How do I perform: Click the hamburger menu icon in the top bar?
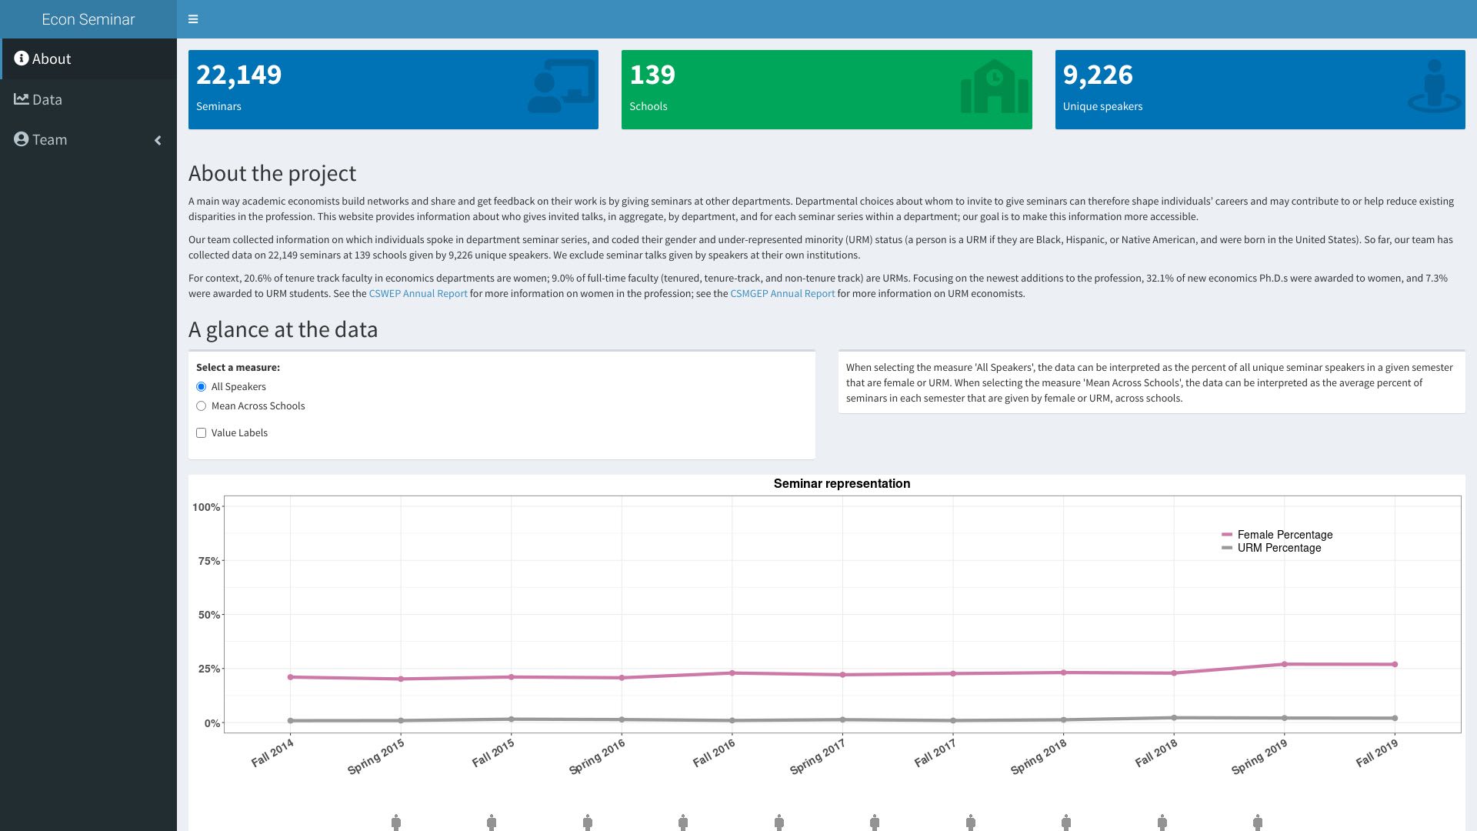pos(193,19)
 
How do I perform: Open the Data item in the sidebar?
pos(38,99)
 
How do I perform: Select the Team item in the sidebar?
pos(41,139)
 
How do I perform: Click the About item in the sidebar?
pos(42,58)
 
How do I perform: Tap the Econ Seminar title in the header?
pos(88,19)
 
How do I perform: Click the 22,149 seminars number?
pos(239,75)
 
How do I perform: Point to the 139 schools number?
pos(652,75)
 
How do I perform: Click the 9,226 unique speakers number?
pos(1098,75)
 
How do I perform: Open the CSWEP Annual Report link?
pos(418,293)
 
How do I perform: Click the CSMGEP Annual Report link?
pos(782,293)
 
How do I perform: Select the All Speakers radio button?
pos(202,387)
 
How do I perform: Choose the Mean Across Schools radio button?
pos(202,406)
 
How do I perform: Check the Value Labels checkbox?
pos(202,433)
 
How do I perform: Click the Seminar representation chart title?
pos(842,483)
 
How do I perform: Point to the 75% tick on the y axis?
pos(209,561)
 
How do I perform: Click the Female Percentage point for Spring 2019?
pos(1285,664)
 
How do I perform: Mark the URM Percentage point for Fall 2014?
pos(291,721)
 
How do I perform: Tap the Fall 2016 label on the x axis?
pos(714,753)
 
